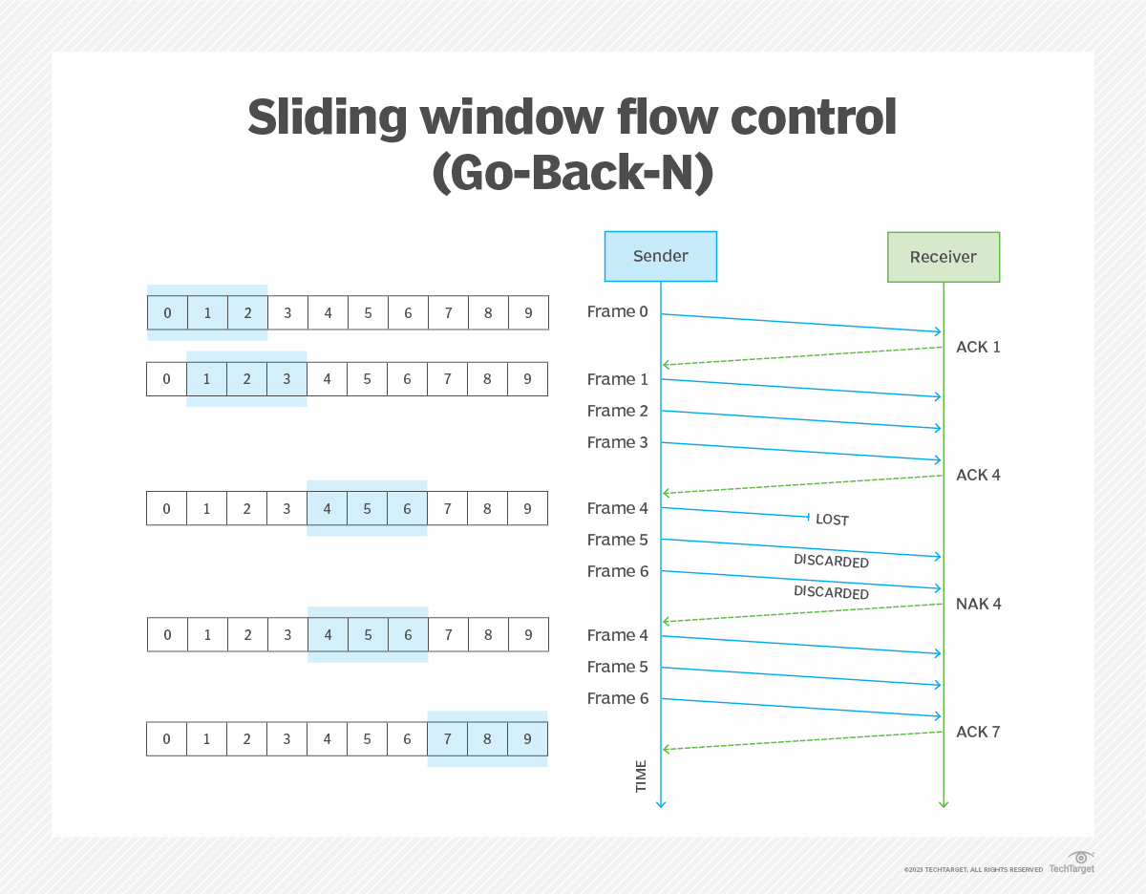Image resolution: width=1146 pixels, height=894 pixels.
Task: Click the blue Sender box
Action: click(660, 256)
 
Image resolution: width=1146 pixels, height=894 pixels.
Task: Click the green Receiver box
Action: click(943, 257)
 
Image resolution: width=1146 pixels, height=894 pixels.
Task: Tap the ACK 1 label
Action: click(978, 347)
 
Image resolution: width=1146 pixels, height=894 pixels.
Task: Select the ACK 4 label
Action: click(978, 475)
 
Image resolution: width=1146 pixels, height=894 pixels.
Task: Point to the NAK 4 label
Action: click(978, 604)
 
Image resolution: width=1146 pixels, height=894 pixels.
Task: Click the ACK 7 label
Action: click(978, 732)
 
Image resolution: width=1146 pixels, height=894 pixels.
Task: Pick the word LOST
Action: click(832, 520)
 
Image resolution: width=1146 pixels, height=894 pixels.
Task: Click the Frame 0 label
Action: click(617, 311)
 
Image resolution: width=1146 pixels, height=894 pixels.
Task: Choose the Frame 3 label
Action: click(617, 442)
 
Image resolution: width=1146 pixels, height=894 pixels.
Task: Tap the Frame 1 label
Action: click(617, 379)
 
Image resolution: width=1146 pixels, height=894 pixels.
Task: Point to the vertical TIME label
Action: click(641, 776)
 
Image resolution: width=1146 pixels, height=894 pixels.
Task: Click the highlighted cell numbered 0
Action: click(167, 312)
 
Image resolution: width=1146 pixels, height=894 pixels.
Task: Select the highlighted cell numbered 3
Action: click(286, 379)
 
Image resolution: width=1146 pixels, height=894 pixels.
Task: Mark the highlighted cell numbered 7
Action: click(447, 739)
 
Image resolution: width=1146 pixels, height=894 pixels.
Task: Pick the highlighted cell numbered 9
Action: click(527, 739)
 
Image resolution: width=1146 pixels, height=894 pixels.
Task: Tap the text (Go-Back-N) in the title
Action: click(572, 174)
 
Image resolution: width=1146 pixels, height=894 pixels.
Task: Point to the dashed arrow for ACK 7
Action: click(802, 740)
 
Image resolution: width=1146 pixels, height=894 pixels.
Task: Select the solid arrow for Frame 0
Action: click(802, 323)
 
